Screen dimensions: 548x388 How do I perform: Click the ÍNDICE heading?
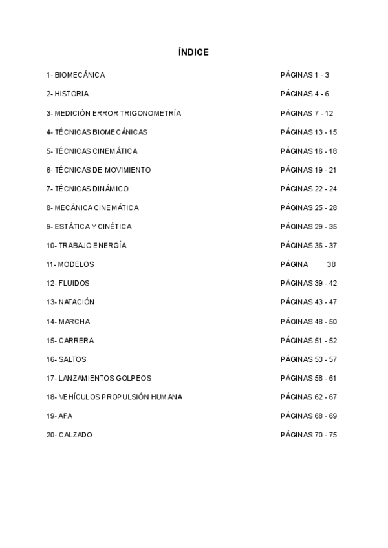click(x=193, y=52)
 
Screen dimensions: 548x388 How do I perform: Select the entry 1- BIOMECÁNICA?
click(x=75, y=75)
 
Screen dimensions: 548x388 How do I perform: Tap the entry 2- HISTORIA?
click(x=67, y=94)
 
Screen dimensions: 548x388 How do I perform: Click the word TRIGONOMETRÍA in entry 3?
click(x=151, y=113)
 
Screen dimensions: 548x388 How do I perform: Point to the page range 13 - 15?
click(x=324, y=132)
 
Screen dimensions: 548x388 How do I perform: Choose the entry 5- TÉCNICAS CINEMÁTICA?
click(x=91, y=151)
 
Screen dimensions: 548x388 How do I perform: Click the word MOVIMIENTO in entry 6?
click(x=127, y=170)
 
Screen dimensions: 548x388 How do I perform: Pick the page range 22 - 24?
click(x=324, y=189)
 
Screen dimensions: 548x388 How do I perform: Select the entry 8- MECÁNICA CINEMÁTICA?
click(x=92, y=207)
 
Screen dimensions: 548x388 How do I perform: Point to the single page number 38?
click(x=331, y=264)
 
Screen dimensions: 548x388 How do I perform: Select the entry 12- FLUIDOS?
click(x=67, y=283)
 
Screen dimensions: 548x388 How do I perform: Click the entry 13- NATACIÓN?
click(x=70, y=302)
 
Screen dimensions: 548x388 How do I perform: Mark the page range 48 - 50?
click(x=324, y=321)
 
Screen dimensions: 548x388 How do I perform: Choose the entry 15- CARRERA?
click(x=69, y=340)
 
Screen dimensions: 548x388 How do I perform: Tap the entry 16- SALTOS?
click(x=66, y=359)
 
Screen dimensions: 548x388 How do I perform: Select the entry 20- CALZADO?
click(x=69, y=435)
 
